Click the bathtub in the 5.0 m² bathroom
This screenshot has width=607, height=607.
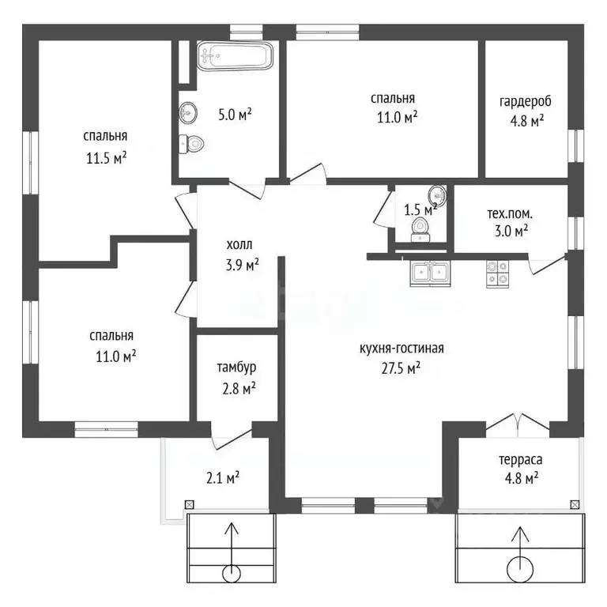tap(235, 56)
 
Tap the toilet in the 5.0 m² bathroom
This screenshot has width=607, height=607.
tap(191, 144)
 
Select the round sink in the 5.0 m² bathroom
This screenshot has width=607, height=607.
tap(188, 113)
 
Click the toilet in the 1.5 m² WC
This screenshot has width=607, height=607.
tap(420, 229)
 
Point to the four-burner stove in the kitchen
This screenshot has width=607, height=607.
tap(498, 273)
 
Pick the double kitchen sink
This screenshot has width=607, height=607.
tap(431, 273)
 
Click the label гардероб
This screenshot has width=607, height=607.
tap(525, 101)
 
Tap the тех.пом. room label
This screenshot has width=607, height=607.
tap(510, 213)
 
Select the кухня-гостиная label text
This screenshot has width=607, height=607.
tap(402, 349)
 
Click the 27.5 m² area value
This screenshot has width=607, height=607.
tap(401, 368)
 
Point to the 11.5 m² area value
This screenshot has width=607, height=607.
tap(107, 158)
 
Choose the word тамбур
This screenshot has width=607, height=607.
tap(236, 368)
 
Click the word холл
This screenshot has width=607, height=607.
tap(239, 245)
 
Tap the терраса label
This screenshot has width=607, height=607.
tap(521, 460)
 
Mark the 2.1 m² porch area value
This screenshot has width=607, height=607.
tap(223, 478)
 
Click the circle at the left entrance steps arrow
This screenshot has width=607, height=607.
tap(232, 573)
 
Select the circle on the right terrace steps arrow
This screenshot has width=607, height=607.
tap(520, 569)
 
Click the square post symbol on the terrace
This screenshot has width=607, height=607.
tap(575, 504)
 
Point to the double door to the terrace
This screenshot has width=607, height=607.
tap(518, 423)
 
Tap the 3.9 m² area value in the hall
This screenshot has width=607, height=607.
tap(243, 266)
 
